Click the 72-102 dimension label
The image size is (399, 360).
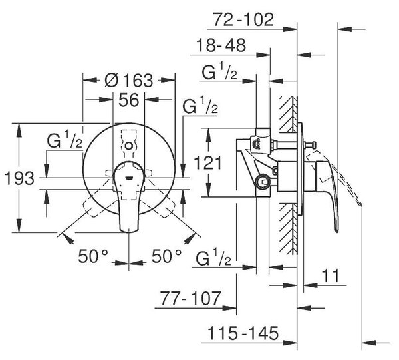[243, 19]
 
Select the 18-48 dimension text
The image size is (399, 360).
[221, 45]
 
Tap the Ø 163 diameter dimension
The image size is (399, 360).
[129, 81]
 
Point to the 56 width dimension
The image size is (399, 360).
[129, 100]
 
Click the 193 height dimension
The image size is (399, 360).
[19, 178]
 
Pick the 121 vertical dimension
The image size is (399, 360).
[207, 163]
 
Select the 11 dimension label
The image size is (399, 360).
[331, 275]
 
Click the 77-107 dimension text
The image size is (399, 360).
[190, 298]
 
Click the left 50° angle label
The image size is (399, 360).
[93, 256]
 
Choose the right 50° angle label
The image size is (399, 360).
[167, 256]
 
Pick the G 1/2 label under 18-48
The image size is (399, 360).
[219, 71]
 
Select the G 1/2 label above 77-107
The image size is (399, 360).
[213, 257]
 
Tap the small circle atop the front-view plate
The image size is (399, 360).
[129, 146]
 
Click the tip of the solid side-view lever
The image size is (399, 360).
[337, 231]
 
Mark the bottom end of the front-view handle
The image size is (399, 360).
[129, 232]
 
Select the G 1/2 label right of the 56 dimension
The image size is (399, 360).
[200, 105]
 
